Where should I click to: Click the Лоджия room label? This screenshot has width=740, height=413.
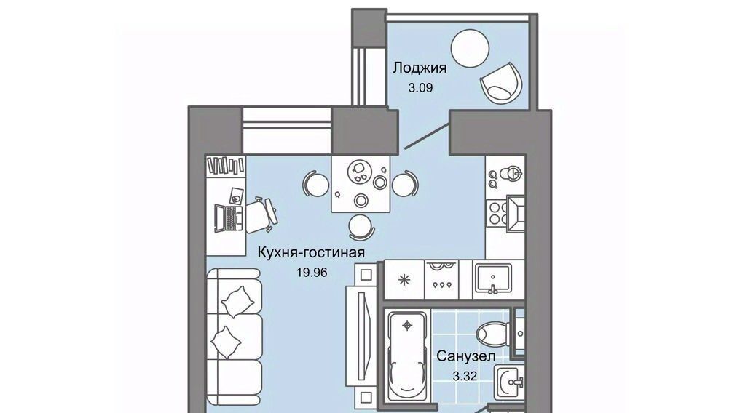click(x=420, y=68)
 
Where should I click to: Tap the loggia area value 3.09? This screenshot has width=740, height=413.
click(x=420, y=87)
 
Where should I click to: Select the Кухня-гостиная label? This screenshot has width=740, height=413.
click(x=311, y=253)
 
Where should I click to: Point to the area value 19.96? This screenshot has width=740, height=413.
click(x=312, y=272)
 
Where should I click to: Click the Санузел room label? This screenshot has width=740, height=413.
click(x=466, y=356)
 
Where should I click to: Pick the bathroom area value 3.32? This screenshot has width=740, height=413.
click(x=465, y=376)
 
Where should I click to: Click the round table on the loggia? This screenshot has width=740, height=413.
click(x=470, y=49)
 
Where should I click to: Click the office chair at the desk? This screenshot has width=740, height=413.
click(x=261, y=215)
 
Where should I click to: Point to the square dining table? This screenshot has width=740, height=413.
click(x=361, y=184)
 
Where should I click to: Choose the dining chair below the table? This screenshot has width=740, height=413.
click(x=361, y=227)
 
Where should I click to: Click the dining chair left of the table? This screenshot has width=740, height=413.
click(x=315, y=184)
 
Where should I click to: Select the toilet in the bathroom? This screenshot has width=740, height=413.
click(x=492, y=334)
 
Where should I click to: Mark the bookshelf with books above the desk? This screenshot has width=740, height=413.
click(x=226, y=165)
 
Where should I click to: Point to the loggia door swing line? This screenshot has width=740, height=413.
click(x=426, y=135)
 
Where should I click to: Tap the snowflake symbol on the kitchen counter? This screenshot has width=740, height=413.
click(x=404, y=280)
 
